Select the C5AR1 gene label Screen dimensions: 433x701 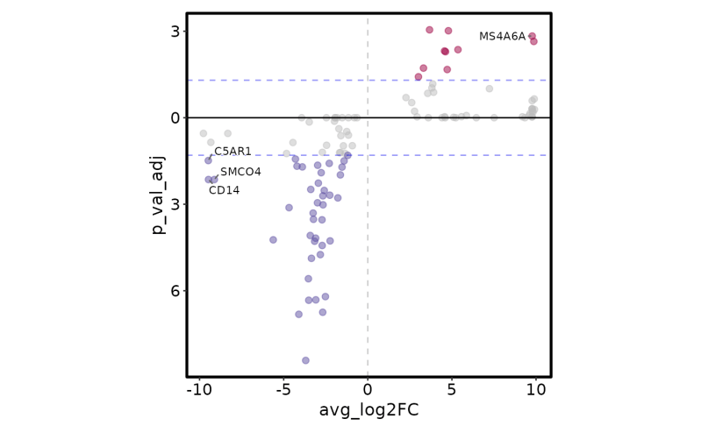(232, 152)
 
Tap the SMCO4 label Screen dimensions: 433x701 (240, 172)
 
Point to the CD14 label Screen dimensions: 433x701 (224, 190)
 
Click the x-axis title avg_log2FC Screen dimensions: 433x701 (368, 410)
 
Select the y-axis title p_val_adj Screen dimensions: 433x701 (159, 195)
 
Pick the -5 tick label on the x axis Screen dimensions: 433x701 (283, 389)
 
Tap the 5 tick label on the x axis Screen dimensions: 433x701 (452, 389)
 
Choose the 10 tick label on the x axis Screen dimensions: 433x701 (535, 389)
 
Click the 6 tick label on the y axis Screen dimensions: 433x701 (175, 291)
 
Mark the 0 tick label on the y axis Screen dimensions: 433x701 (175, 117)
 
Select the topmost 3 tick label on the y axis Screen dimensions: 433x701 (175, 32)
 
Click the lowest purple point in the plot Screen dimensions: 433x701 (305, 360)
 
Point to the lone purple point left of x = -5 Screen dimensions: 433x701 (273, 239)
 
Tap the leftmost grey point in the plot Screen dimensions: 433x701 (204, 133)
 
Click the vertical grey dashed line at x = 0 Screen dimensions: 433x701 (368, 263)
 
